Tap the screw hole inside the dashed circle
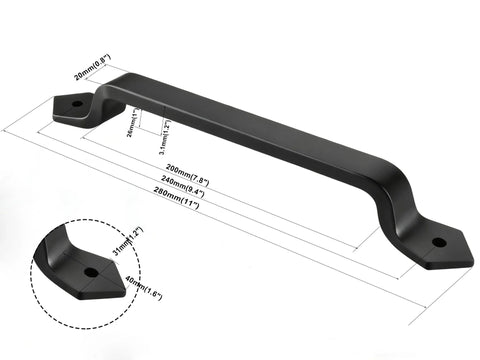point(91,271)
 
